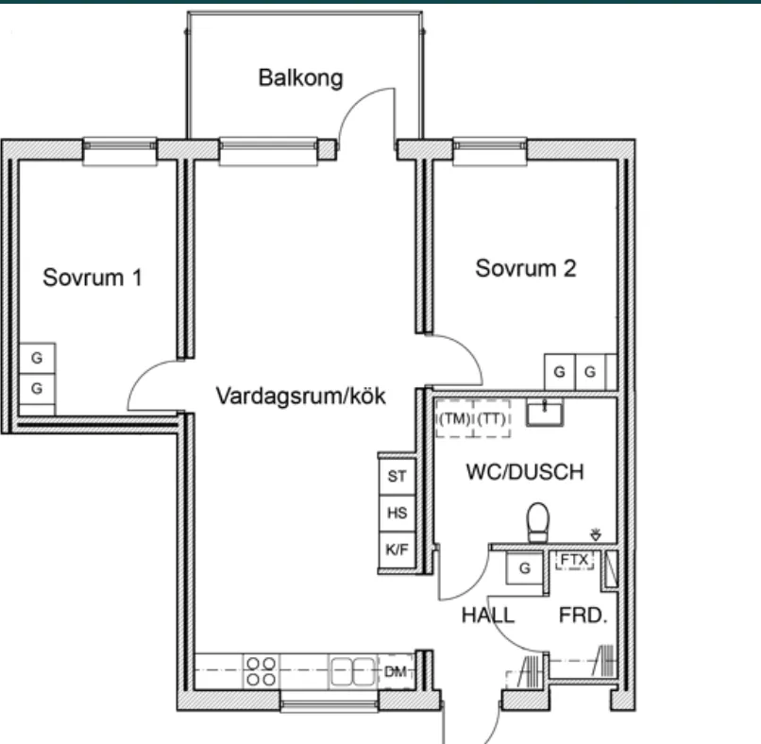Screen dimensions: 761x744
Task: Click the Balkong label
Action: point(300,78)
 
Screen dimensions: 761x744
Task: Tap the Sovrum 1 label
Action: point(93,278)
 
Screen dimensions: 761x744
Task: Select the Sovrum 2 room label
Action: point(526,268)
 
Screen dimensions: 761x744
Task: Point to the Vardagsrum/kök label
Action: point(300,396)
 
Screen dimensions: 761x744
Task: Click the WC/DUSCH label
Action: point(525,472)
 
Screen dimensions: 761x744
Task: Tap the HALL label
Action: point(488,616)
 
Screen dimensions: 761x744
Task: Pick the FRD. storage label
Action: point(583,616)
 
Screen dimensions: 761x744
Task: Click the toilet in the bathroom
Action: point(538,522)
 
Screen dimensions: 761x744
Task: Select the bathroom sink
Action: point(545,413)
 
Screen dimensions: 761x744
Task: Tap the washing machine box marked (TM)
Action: point(454,418)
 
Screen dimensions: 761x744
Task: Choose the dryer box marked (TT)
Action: point(492,418)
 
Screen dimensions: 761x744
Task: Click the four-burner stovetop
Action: point(262,671)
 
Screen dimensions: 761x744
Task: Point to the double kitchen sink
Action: point(353,671)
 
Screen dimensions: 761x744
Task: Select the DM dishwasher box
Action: point(396,671)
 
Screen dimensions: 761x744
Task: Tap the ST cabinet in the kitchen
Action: point(397,476)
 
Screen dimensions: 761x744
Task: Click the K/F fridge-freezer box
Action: point(397,550)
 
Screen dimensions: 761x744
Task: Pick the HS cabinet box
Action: point(397,513)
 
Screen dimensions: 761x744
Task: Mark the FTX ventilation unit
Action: point(575,561)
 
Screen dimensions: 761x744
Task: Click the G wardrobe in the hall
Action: point(524,567)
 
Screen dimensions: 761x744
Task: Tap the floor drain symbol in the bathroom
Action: point(596,534)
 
